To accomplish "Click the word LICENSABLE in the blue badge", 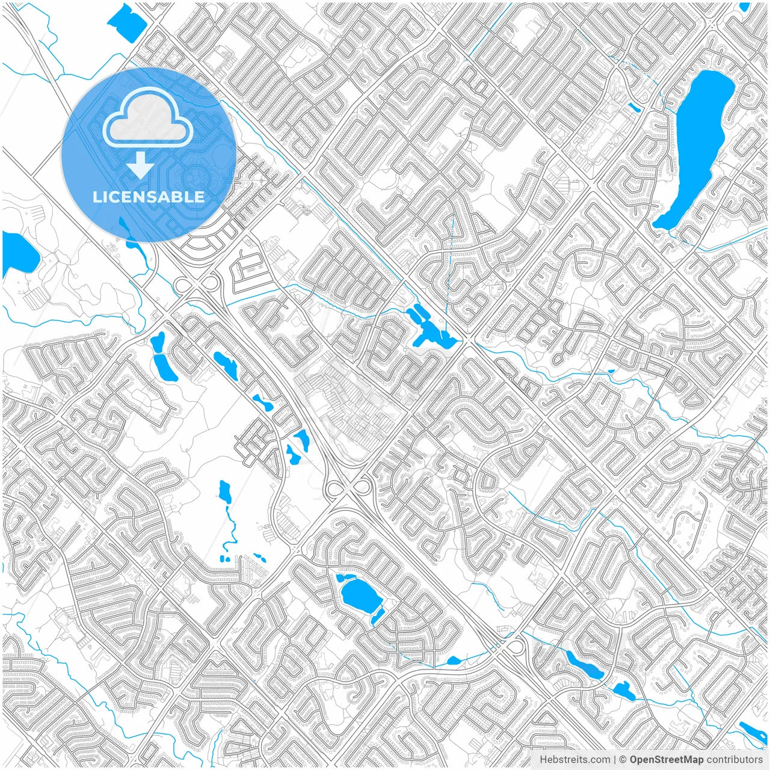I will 149,197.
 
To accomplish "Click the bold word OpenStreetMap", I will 667,760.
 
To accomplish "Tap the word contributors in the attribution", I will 735,760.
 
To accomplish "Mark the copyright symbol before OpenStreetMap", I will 623,760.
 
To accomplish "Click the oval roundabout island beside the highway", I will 516,647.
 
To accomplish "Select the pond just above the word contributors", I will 752,731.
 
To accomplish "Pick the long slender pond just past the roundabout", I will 584,664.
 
